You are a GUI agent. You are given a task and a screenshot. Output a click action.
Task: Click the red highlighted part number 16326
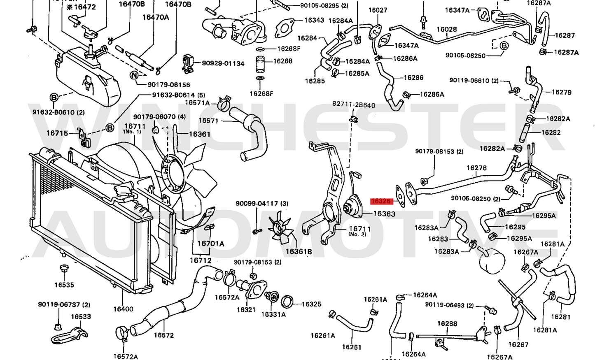[x=380, y=201]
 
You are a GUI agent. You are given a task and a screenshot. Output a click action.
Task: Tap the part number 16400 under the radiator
[x=123, y=309]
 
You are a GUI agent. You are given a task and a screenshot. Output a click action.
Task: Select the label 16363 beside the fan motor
[x=384, y=214]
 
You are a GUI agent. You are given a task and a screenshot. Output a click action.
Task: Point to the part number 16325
[x=311, y=304]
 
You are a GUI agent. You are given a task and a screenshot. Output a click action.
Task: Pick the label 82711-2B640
[x=354, y=105]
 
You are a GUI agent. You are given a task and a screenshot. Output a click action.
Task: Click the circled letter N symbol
[x=134, y=75]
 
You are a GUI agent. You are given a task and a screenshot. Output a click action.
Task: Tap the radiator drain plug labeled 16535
[x=64, y=269]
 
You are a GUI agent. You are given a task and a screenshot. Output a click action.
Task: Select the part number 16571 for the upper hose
[x=208, y=121]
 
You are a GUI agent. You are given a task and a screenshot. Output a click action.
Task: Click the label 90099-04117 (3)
[x=262, y=204]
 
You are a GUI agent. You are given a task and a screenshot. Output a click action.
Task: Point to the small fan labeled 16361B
[x=280, y=229]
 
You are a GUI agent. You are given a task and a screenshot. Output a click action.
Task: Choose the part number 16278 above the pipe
[x=476, y=168]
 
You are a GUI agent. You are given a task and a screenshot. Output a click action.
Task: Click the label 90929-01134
[x=223, y=63]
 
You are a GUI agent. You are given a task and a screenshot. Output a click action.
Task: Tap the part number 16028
[x=447, y=29]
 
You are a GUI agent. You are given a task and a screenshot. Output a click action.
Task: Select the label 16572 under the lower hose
[x=164, y=335]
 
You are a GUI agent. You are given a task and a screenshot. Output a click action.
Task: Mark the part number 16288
[x=447, y=323]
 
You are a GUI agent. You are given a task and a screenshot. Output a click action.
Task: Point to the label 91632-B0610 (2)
[x=59, y=112]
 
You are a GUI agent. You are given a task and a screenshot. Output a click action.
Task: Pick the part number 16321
[x=246, y=309]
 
